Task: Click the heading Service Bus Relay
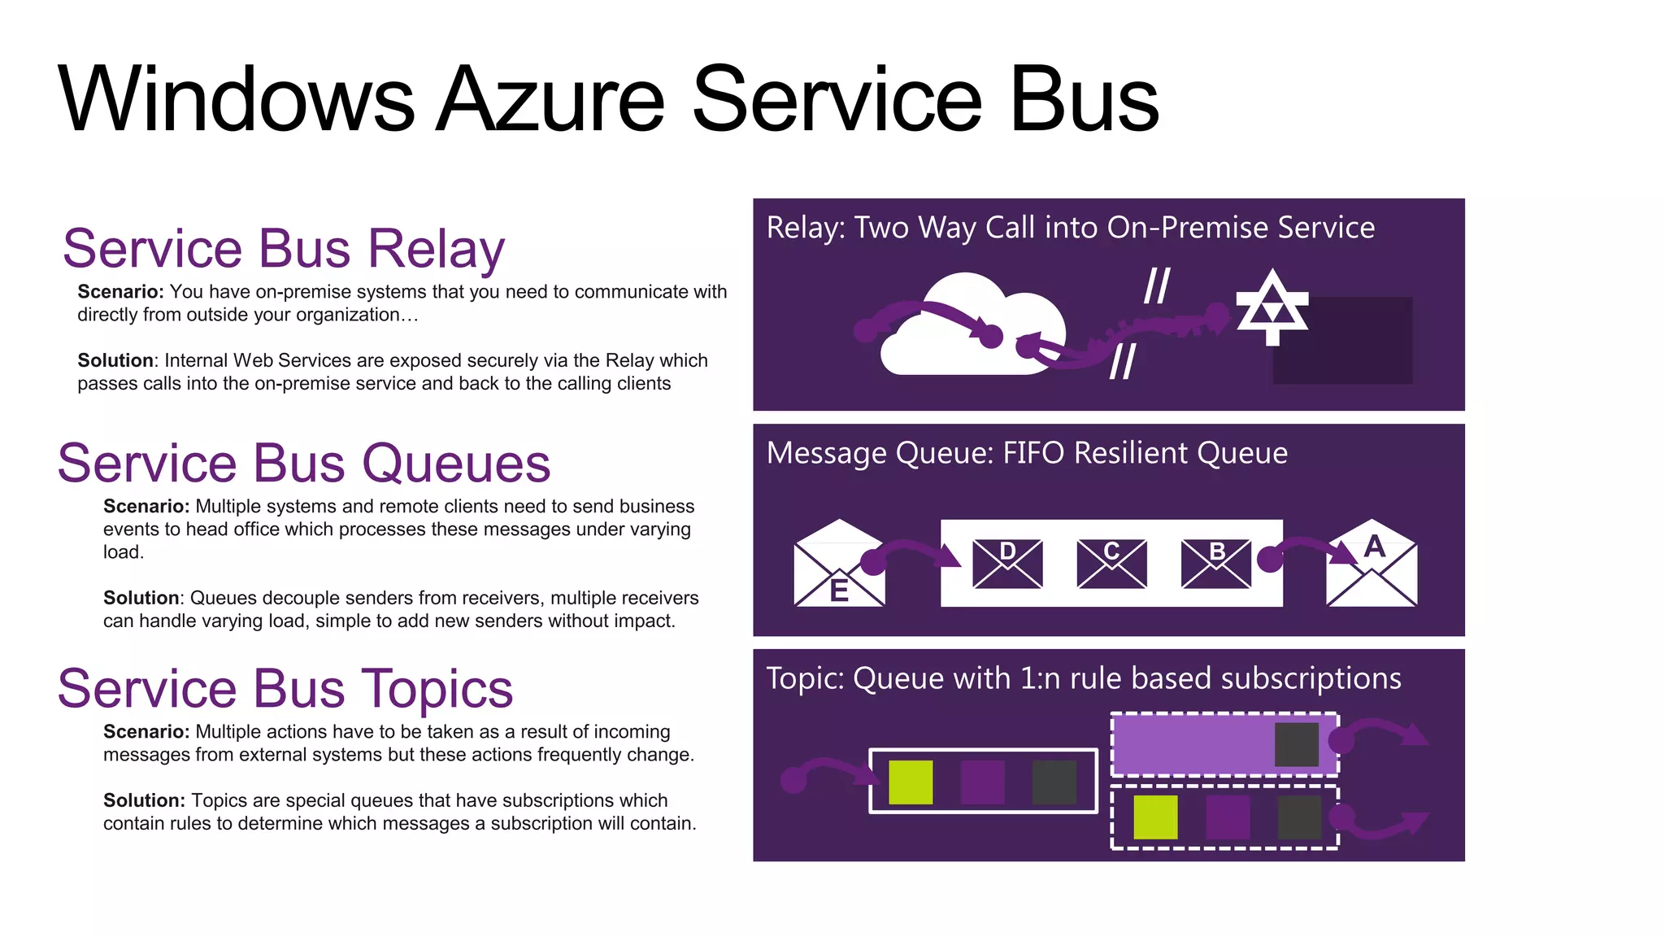click(x=283, y=249)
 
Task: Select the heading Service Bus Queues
click(x=303, y=464)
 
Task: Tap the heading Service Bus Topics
click(x=285, y=689)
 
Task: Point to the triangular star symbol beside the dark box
click(x=1272, y=307)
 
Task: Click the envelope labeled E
click(x=839, y=564)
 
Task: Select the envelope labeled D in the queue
click(x=1007, y=563)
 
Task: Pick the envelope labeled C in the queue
click(x=1111, y=563)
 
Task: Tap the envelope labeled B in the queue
click(x=1216, y=563)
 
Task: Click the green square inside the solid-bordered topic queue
click(x=911, y=782)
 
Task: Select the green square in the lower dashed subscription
click(x=1155, y=817)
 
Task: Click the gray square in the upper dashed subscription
click(x=1297, y=744)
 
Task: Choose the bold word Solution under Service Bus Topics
click(x=144, y=800)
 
